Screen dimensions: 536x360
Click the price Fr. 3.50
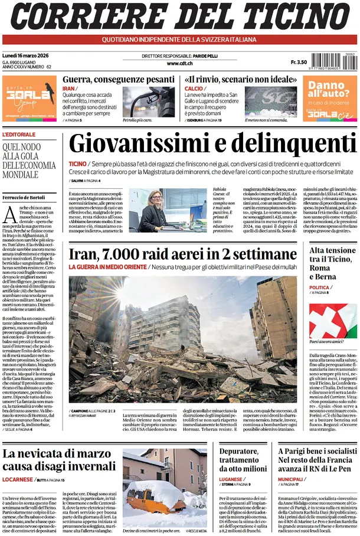click(299, 62)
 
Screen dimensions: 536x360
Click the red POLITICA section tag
click(319, 287)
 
